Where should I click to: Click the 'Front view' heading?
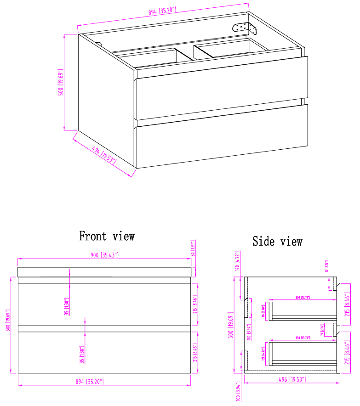(x=107, y=236)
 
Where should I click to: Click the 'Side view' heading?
(x=277, y=241)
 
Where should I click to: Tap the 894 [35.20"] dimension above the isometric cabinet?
(x=162, y=11)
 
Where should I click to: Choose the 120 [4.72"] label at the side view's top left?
(x=238, y=261)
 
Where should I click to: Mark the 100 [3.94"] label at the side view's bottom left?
(x=238, y=391)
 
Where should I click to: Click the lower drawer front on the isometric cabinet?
(x=221, y=137)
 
